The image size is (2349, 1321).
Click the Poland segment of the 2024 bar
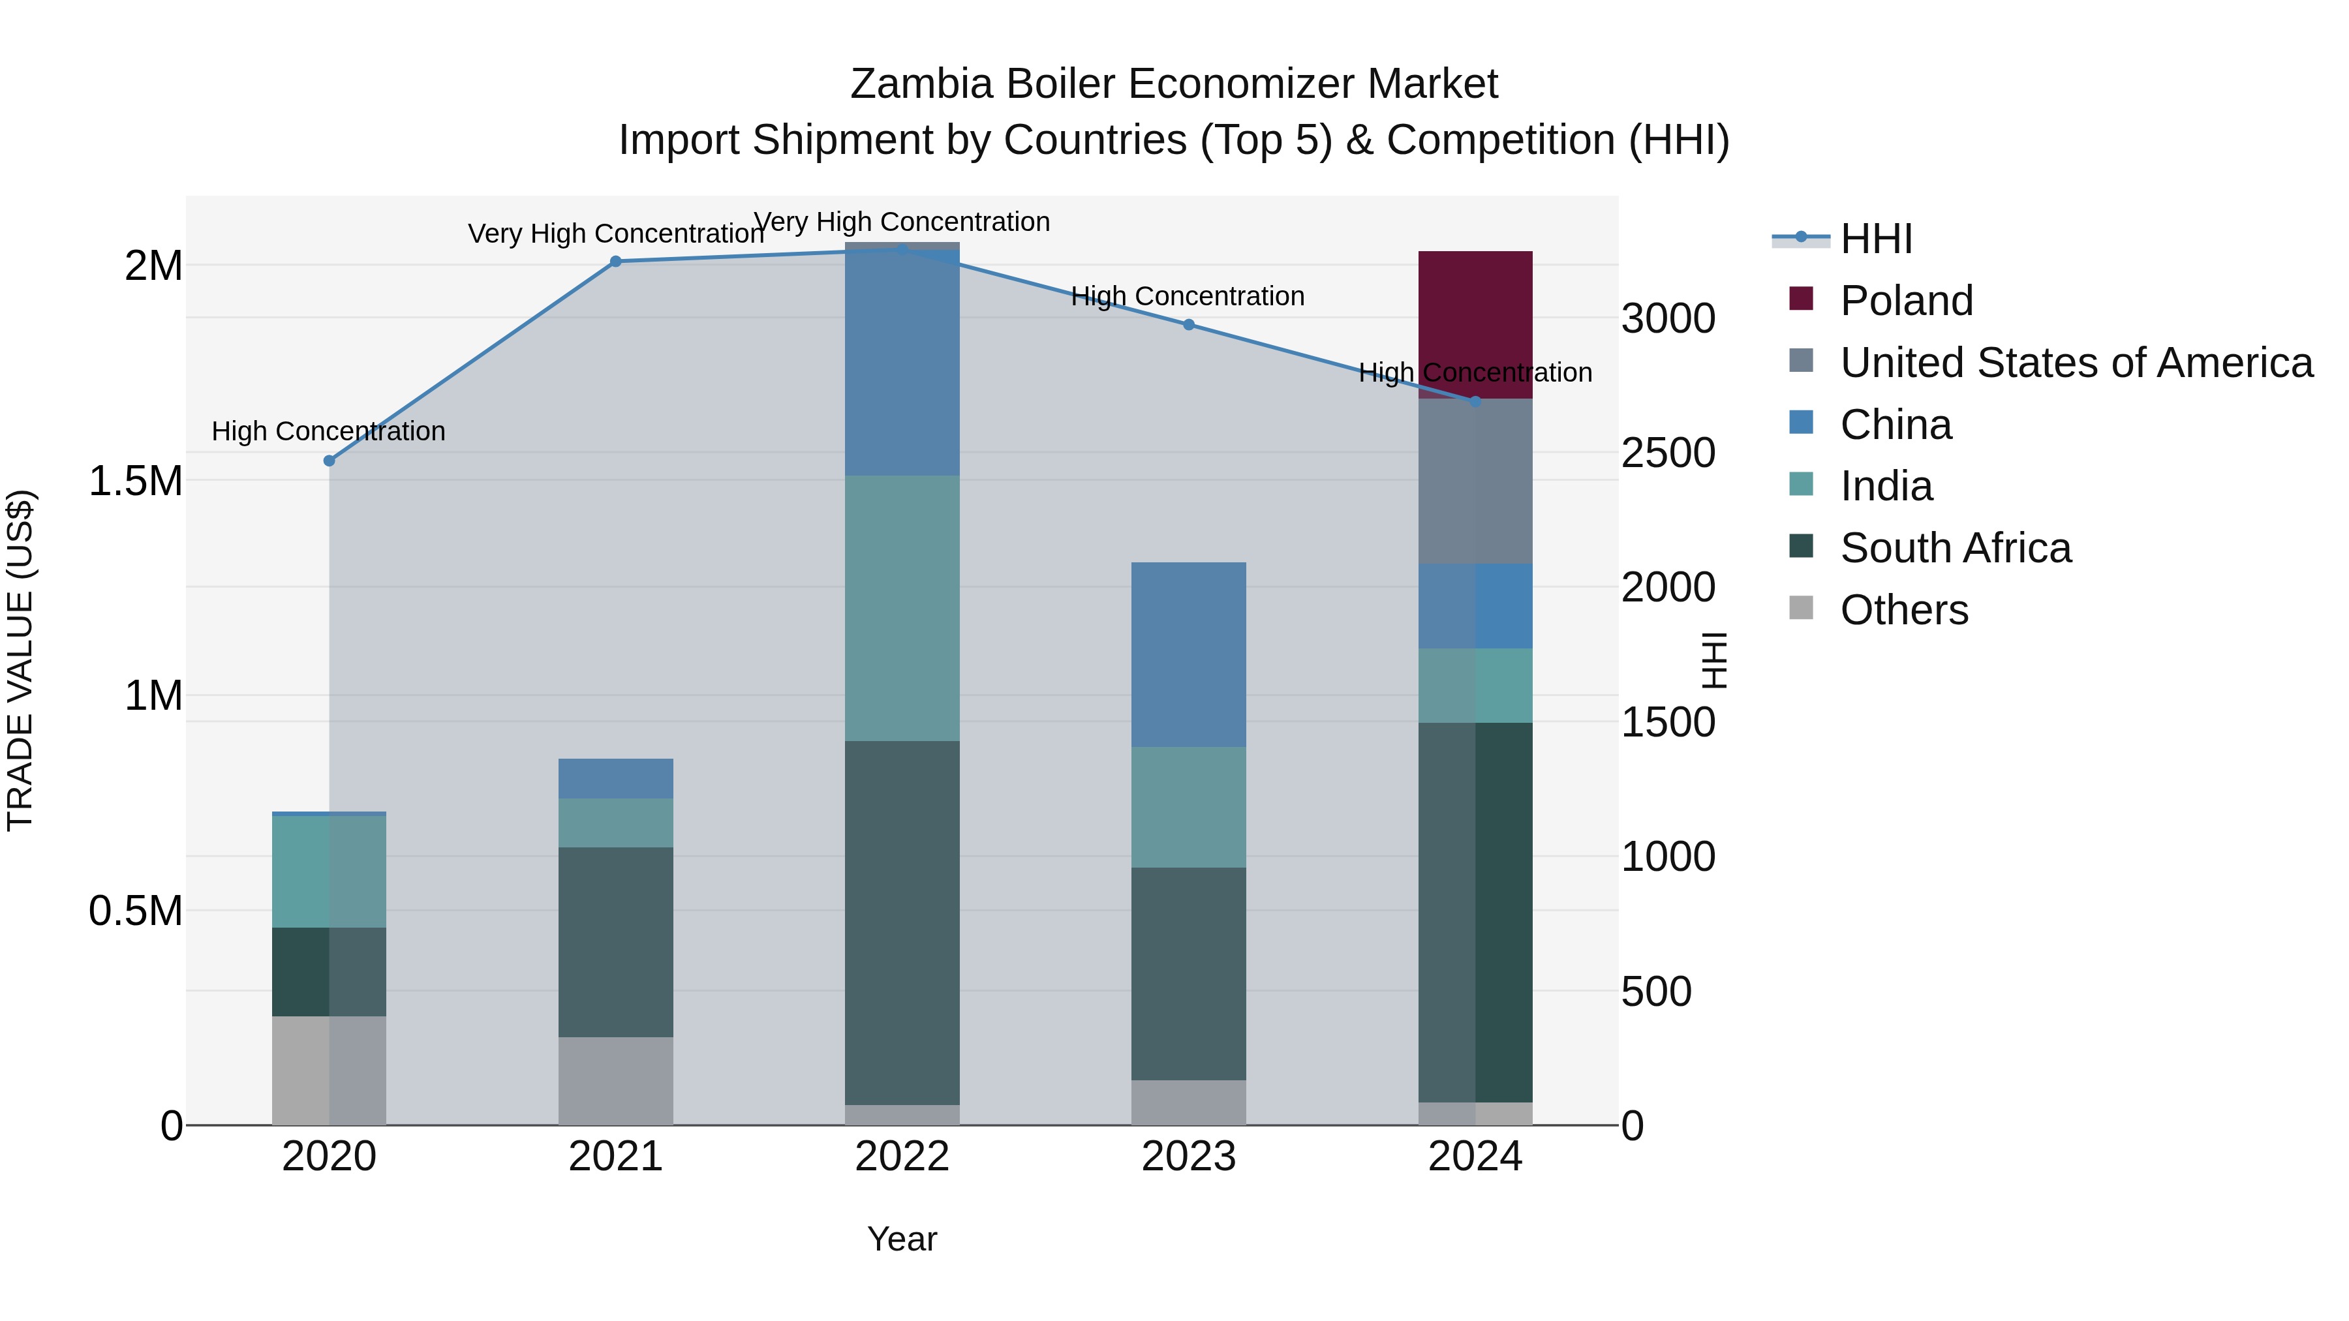1475,324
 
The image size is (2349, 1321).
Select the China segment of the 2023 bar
1188,654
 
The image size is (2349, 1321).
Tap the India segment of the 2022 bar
902,607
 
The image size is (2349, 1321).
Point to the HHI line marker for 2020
330,461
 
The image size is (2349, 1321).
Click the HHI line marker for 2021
615,262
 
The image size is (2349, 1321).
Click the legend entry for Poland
1906,301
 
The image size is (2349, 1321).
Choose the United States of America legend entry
2076,363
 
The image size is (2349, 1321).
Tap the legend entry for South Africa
1955,548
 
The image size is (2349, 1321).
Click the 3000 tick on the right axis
1668,319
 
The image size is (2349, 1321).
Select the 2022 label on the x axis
902,1157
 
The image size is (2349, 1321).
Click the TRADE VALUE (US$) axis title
20,660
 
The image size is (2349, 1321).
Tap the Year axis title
902,1239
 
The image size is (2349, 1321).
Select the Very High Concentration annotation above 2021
615,234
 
